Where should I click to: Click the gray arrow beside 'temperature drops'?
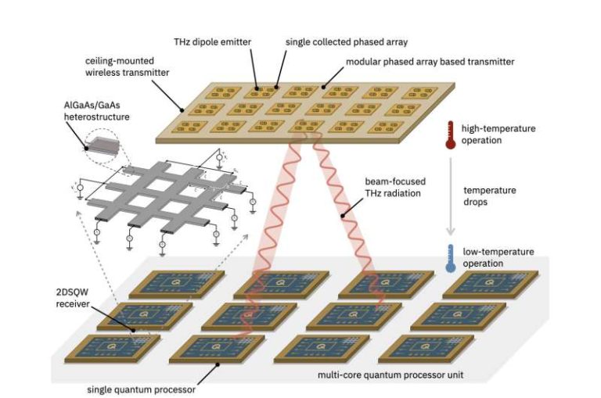pos(451,195)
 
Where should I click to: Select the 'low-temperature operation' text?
pos(498,257)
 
